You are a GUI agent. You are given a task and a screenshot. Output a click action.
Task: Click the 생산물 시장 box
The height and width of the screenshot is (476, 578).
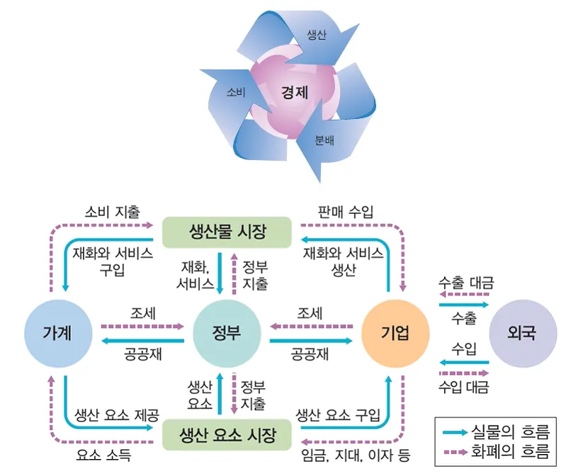pos(227,232)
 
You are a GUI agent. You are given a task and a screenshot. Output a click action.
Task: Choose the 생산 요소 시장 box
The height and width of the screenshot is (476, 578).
pos(227,433)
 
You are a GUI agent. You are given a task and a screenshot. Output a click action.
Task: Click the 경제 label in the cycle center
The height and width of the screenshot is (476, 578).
pos(295,92)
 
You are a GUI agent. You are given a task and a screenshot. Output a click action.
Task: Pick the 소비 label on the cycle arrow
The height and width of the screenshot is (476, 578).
pos(236,92)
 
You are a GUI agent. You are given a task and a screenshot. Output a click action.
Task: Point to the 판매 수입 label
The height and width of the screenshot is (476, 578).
pos(346,211)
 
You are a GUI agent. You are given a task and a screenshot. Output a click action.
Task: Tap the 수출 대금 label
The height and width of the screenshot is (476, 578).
pos(465,283)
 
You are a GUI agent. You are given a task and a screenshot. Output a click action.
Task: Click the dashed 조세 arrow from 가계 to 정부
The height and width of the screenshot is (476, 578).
pos(142,327)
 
